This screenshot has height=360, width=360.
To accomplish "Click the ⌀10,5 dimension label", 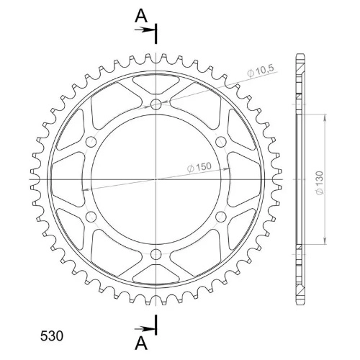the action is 261,71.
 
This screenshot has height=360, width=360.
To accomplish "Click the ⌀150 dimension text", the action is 199,167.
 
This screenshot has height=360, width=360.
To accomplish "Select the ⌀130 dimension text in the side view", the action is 320,183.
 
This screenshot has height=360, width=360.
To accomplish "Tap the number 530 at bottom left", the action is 52,336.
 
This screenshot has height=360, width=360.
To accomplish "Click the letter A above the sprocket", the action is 141,17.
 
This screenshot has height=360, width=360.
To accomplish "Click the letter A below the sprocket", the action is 141,343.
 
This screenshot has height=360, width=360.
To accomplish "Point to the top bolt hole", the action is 156,104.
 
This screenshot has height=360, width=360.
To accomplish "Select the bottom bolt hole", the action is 156,254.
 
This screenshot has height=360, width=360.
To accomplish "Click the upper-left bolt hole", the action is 91,142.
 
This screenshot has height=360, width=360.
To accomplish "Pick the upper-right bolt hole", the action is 221,142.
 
